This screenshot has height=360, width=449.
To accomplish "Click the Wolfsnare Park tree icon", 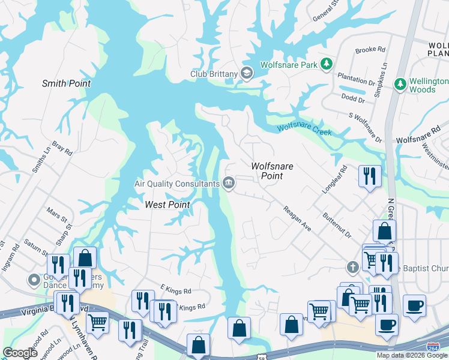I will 326,64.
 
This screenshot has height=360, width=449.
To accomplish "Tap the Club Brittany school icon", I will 247,73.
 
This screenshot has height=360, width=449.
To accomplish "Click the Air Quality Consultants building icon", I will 229,182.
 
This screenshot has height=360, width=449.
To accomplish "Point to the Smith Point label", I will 66,83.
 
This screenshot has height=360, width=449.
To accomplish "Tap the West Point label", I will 167,205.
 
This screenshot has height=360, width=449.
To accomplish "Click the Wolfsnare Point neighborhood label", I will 271,171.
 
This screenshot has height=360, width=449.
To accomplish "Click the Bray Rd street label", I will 62,149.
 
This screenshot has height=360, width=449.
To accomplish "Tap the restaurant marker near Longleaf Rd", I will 370,176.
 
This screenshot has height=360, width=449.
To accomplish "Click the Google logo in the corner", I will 20,353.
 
